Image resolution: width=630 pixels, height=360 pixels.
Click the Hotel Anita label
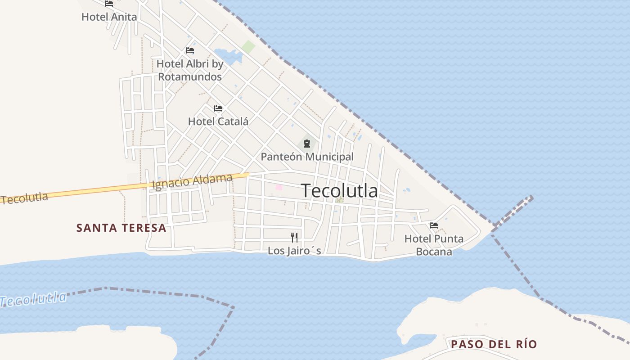[x=109, y=17]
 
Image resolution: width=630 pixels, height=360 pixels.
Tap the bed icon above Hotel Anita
[x=109, y=4]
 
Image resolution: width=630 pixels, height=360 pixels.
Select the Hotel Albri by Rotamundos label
[x=190, y=70]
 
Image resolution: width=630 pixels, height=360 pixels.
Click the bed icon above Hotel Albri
[x=190, y=50]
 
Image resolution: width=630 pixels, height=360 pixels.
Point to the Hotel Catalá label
[x=218, y=121]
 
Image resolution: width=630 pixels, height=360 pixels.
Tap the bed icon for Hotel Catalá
[x=218, y=108]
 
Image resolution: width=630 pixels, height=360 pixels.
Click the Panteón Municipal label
[x=307, y=157]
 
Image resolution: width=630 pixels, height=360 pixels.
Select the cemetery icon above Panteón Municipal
[x=307, y=144]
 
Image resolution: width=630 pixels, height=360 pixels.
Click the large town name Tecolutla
[x=339, y=191]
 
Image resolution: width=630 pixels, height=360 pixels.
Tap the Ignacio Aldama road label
[x=193, y=182]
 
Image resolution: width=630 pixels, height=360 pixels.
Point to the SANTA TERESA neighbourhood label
[x=121, y=228]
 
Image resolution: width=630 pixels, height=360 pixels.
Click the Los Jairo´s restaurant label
[x=294, y=250]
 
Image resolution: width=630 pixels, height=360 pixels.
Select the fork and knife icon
[x=294, y=237]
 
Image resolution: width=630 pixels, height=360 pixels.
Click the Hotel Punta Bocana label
[x=434, y=245]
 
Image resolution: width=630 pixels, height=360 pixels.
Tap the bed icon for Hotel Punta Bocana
[x=434, y=225]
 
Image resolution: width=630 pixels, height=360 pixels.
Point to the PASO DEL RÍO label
[x=494, y=344]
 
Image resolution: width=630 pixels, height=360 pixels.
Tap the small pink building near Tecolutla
[x=279, y=187]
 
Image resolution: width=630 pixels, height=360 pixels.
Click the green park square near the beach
[x=248, y=47]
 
